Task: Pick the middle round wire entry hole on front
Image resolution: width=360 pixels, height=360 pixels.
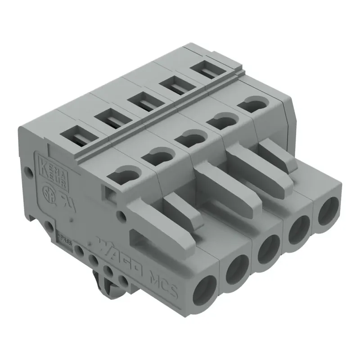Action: click(268, 248)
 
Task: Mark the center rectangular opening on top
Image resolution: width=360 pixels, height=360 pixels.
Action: click(141, 102)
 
